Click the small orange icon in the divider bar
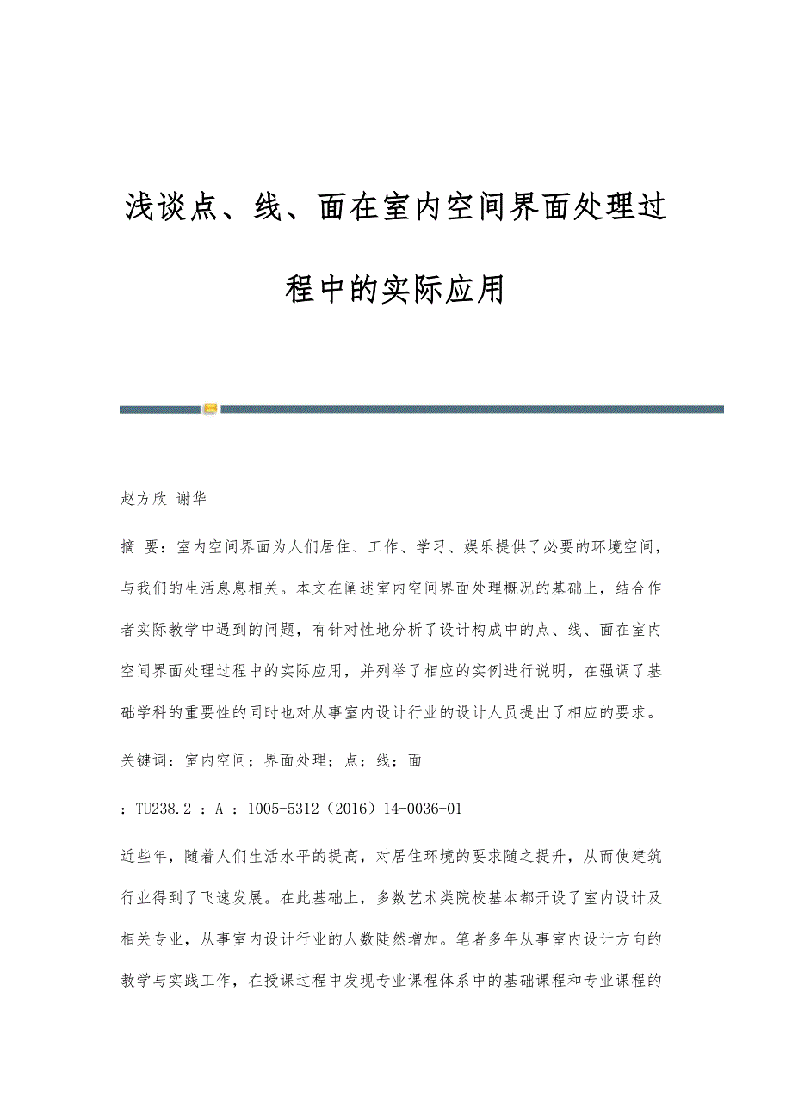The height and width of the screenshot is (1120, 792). click(x=211, y=409)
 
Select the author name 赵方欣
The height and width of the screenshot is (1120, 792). click(x=143, y=499)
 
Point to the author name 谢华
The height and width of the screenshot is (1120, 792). click(x=191, y=499)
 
